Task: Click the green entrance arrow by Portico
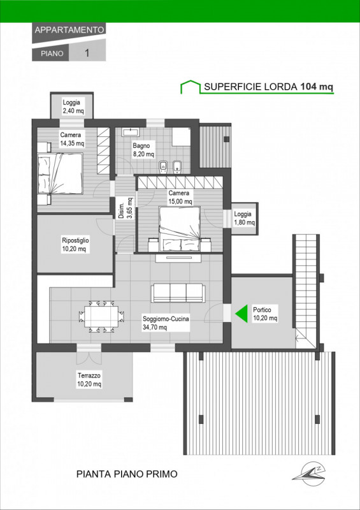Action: tap(241, 313)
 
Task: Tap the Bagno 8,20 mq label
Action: tap(143, 149)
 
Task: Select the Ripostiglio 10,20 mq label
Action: tap(75, 245)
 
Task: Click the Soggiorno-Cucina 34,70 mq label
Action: tap(166, 323)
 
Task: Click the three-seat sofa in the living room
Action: tap(178, 293)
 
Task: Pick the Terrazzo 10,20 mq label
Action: tap(89, 380)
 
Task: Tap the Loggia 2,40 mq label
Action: tap(73, 106)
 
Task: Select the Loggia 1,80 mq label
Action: tap(244, 219)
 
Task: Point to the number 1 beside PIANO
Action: tap(87, 53)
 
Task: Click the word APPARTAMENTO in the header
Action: tap(69, 30)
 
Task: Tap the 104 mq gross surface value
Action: tap(317, 87)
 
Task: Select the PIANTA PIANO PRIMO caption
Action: tap(127, 474)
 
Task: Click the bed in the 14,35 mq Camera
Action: tap(60, 173)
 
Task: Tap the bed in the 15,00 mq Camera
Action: tap(179, 229)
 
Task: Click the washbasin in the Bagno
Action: tap(131, 132)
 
